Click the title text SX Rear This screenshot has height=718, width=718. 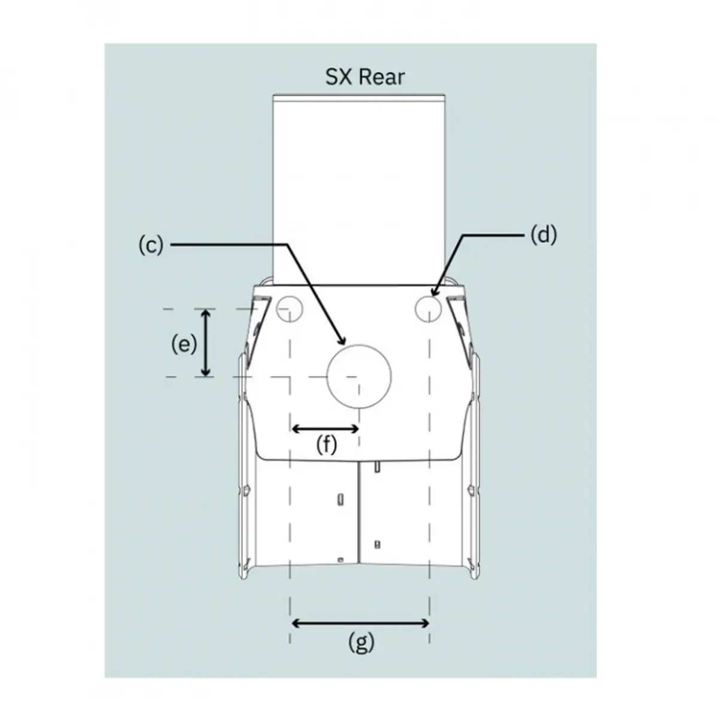[365, 77]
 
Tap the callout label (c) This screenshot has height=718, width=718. [151, 245]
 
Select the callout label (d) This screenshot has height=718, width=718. [544, 236]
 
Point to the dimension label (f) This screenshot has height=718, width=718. [327, 445]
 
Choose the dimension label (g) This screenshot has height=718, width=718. [361, 642]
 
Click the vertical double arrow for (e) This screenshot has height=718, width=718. [206, 343]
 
